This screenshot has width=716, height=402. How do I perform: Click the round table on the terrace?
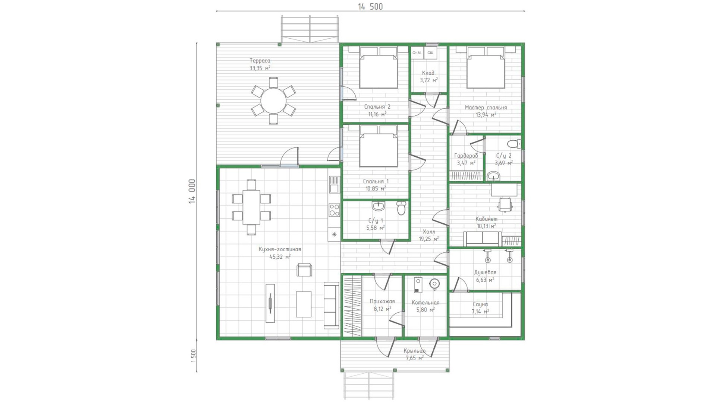tap(273, 101)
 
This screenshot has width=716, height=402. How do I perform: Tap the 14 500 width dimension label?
tap(370, 7)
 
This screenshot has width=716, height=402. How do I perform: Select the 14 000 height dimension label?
tap(192, 191)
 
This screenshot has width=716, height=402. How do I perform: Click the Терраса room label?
tap(260, 61)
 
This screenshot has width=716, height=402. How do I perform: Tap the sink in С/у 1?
tap(379, 206)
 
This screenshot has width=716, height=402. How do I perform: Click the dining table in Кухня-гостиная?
tap(251, 207)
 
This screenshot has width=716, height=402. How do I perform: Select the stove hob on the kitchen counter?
tap(334, 210)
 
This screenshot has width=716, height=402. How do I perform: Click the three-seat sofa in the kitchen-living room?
tap(331, 305)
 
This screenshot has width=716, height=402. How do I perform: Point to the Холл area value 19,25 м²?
tap(428, 239)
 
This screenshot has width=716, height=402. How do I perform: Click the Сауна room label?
tap(480, 304)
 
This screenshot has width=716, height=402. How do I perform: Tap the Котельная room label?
tap(425, 303)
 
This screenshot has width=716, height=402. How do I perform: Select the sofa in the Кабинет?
tap(483, 239)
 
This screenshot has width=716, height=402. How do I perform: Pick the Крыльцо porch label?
tap(414, 351)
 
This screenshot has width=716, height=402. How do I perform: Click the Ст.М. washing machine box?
tap(417, 53)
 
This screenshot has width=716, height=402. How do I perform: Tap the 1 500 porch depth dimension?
tap(193, 356)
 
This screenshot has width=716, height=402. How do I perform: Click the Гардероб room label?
tap(466, 156)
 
